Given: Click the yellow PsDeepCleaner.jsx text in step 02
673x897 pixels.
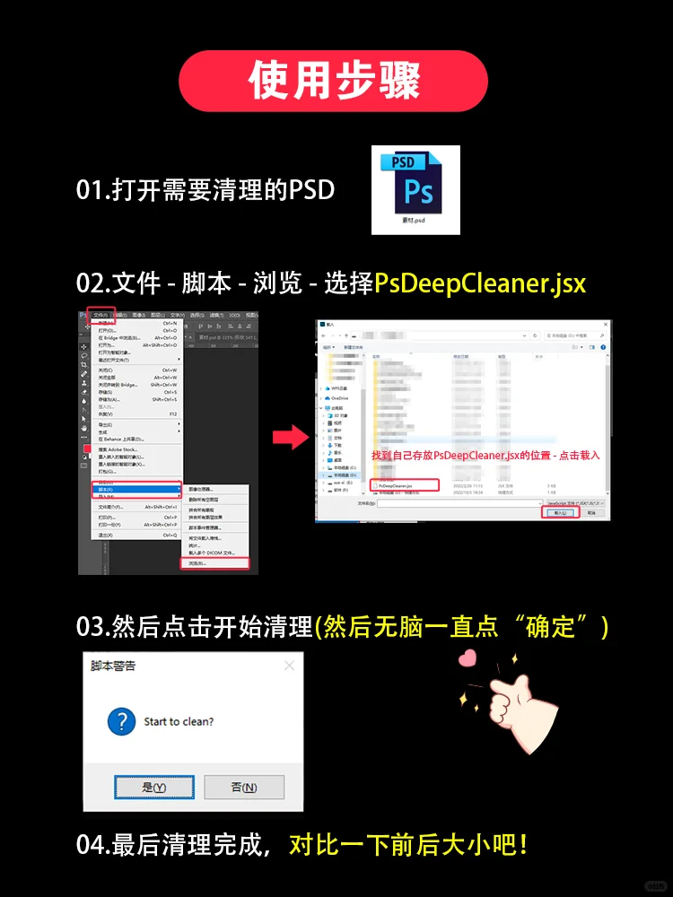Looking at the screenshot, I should point(480,283).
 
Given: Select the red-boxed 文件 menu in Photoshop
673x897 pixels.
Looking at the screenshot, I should point(101,316).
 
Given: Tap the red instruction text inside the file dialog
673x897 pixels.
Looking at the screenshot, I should point(485,456).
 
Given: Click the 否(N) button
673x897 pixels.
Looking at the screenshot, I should point(243,787).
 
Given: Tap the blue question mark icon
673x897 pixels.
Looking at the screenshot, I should point(121,721).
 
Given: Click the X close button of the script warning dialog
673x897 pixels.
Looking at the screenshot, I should point(288,666).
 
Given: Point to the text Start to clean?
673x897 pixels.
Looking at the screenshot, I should point(179,721).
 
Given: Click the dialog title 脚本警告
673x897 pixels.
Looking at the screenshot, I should point(114,666).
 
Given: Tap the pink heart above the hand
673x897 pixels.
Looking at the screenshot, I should point(466,658).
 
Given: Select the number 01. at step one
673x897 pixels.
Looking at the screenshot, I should point(92,190).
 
